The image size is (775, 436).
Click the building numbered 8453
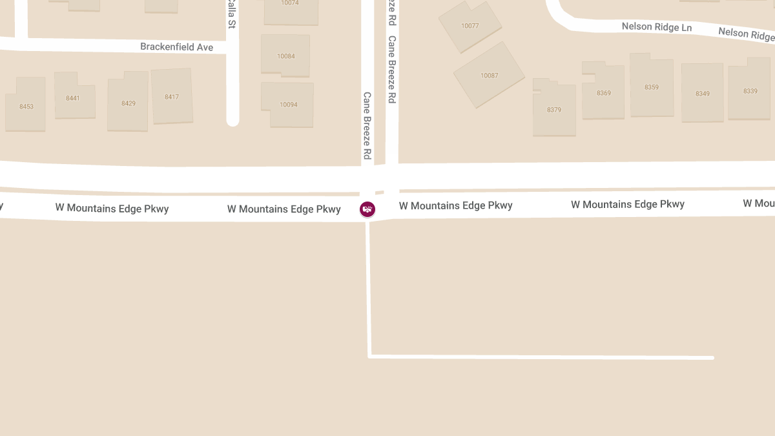point(26,106)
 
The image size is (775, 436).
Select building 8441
point(73,98)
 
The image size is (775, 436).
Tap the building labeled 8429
point(128,103)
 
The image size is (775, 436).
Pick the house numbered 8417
point(172,97)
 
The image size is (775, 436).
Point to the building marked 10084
point(285,56)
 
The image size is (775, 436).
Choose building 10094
point(288,104)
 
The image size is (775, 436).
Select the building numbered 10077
point(470,26)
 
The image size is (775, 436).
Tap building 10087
point(489,75)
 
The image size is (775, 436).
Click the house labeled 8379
point(554,110)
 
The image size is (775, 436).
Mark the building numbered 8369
point(603,93)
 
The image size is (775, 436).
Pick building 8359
point(651,87)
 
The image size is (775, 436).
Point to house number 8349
point(702,94)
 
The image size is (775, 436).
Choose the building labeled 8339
point(750,91)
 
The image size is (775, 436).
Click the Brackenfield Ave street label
point(176,47)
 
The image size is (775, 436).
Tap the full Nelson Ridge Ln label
point(656,26)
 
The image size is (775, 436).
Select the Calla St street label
point(231,14)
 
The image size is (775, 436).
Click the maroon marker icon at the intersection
point(367,209)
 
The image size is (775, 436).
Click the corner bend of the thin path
point(369,356)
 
